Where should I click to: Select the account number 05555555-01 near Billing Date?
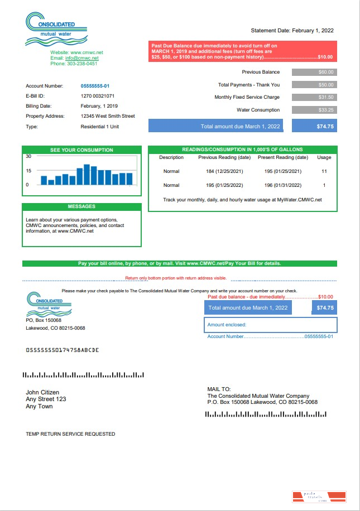[x=95, y=86]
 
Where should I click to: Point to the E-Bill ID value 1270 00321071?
[x=98, y=96]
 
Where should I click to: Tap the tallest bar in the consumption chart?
[x=87, y=175]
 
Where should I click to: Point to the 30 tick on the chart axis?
[x=28, y=156]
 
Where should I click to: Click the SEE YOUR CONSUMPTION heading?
[x=81, y=150]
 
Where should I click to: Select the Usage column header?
[x=324, y=157]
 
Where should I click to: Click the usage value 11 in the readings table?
[x=324, y=171]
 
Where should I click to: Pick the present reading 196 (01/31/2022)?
[x=283, y=185]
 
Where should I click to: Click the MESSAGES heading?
[x=81, y=207]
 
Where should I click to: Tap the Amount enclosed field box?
[x=271, y=325]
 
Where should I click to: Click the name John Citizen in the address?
[x=42, y=392]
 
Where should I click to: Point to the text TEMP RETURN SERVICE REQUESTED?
[x=70, y=433]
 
